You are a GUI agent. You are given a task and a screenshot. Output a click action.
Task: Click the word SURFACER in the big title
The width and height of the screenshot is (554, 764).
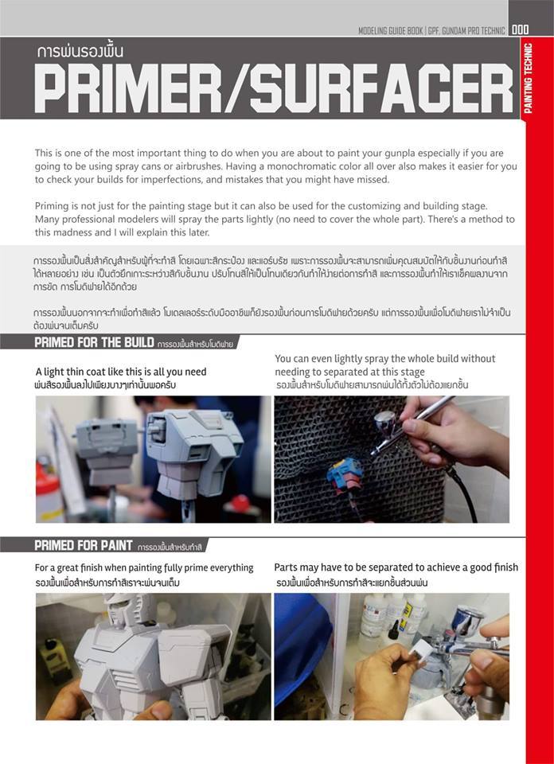[x=382, y=89]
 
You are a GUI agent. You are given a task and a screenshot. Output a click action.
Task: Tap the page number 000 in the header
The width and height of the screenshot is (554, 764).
[x=521, y=30]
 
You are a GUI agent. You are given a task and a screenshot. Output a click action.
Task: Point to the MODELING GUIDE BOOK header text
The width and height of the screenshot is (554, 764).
[x=393, y=30]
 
